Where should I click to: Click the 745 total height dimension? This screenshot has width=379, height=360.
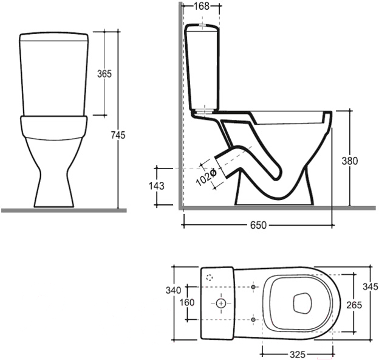(118, 135)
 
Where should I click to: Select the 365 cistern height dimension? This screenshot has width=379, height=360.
(104, 74)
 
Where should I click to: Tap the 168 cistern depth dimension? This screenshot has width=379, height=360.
(202, 6)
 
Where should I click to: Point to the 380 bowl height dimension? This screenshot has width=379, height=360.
(349, 161)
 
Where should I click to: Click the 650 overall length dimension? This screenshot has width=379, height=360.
(258, 225)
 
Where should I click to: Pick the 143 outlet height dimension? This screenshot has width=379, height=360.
(156, 186)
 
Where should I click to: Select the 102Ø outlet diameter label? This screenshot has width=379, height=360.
(206, 178)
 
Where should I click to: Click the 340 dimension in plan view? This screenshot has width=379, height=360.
(173, 290)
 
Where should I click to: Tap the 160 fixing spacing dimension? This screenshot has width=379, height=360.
(187, 302)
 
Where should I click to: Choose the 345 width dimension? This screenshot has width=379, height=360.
(370, 286)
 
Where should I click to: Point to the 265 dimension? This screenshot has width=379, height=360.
(354, 305)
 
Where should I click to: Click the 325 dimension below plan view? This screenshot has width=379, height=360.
(298, 355)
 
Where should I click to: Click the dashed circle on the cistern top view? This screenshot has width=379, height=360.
(210, 278)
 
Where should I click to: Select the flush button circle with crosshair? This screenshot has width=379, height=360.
(220, 303)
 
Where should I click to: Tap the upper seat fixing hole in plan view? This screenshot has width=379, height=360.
(253, 287)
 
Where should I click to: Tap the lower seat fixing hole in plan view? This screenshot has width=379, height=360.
(253, 320)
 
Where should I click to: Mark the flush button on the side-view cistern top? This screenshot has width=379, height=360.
(202, 25)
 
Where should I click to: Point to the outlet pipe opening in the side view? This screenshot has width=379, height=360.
(221, 167)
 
